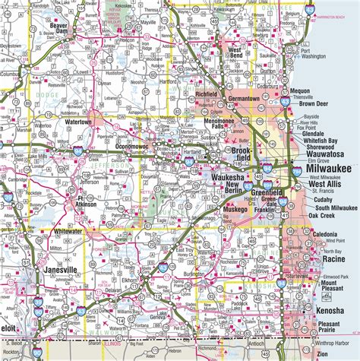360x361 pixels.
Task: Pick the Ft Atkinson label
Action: [x=90, y=202]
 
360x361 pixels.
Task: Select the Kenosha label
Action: [x=331, y=312]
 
